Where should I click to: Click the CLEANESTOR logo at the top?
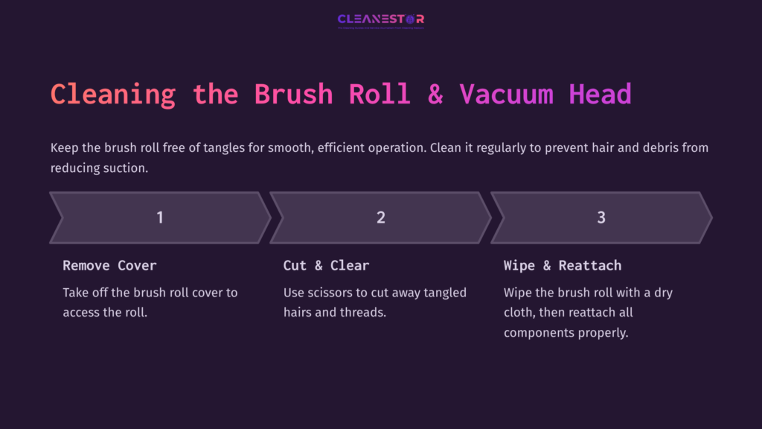pyautogui.click(x=380, y=20)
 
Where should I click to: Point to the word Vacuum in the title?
pyautogui.click(x=506, y=95)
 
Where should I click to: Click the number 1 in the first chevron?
pyautogui.click(x=160, y=217)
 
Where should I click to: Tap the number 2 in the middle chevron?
pyautogui.click(x=381, y=217)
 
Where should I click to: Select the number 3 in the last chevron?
pyautogui.click(x=601, y=217)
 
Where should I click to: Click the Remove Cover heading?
pyautogui.click(x=109, y=265)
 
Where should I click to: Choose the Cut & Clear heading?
pyautogui.click(x=326, y=265)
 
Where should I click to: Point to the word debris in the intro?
pyautogui.click(x=627, y=147)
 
